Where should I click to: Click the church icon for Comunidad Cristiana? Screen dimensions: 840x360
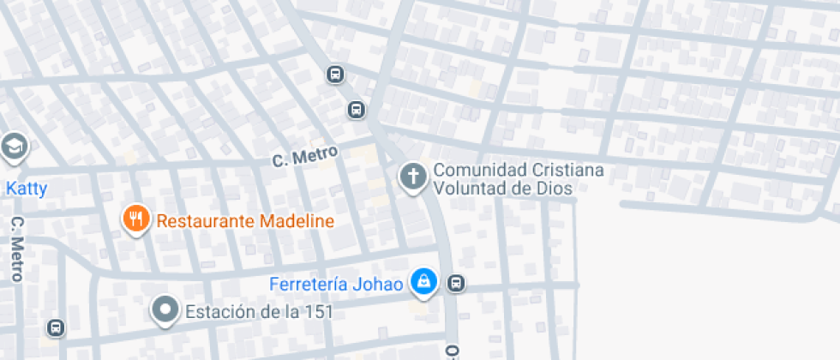pyautogui.click(x=412, y=177)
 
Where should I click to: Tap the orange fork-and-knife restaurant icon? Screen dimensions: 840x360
pyautogui.click(x=135, y=219)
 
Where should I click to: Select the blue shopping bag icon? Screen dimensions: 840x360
pyautogui.click(x=423, y=281)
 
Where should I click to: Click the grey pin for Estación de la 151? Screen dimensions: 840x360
pyautogui.click(x=165, y=310)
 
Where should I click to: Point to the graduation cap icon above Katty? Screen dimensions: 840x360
pyautogui.click(x=13, y=147)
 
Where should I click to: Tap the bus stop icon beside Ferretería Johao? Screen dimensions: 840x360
pyautogui.click(x=457, y=283)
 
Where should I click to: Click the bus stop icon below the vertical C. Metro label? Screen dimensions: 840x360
pyautogui.click(x=56, y=327)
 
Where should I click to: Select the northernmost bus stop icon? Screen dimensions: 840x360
pyautogui.click(x=335, y=75)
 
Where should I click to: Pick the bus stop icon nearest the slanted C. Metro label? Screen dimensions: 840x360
pyautogui.click(x=356, y=110)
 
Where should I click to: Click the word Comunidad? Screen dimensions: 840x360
pyautogui.click(x=473, y=170)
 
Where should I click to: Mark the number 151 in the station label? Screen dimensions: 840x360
pyautogui.click(x=316, y=312)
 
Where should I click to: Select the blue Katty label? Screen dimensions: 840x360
pyautogui.click(x=27, y=189)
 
